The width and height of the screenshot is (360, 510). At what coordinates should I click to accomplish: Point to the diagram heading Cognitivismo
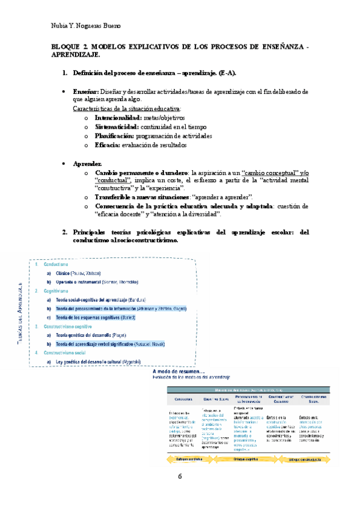[x=56, y=290]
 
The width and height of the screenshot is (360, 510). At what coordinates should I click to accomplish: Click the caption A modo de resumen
[x=178, y=371]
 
